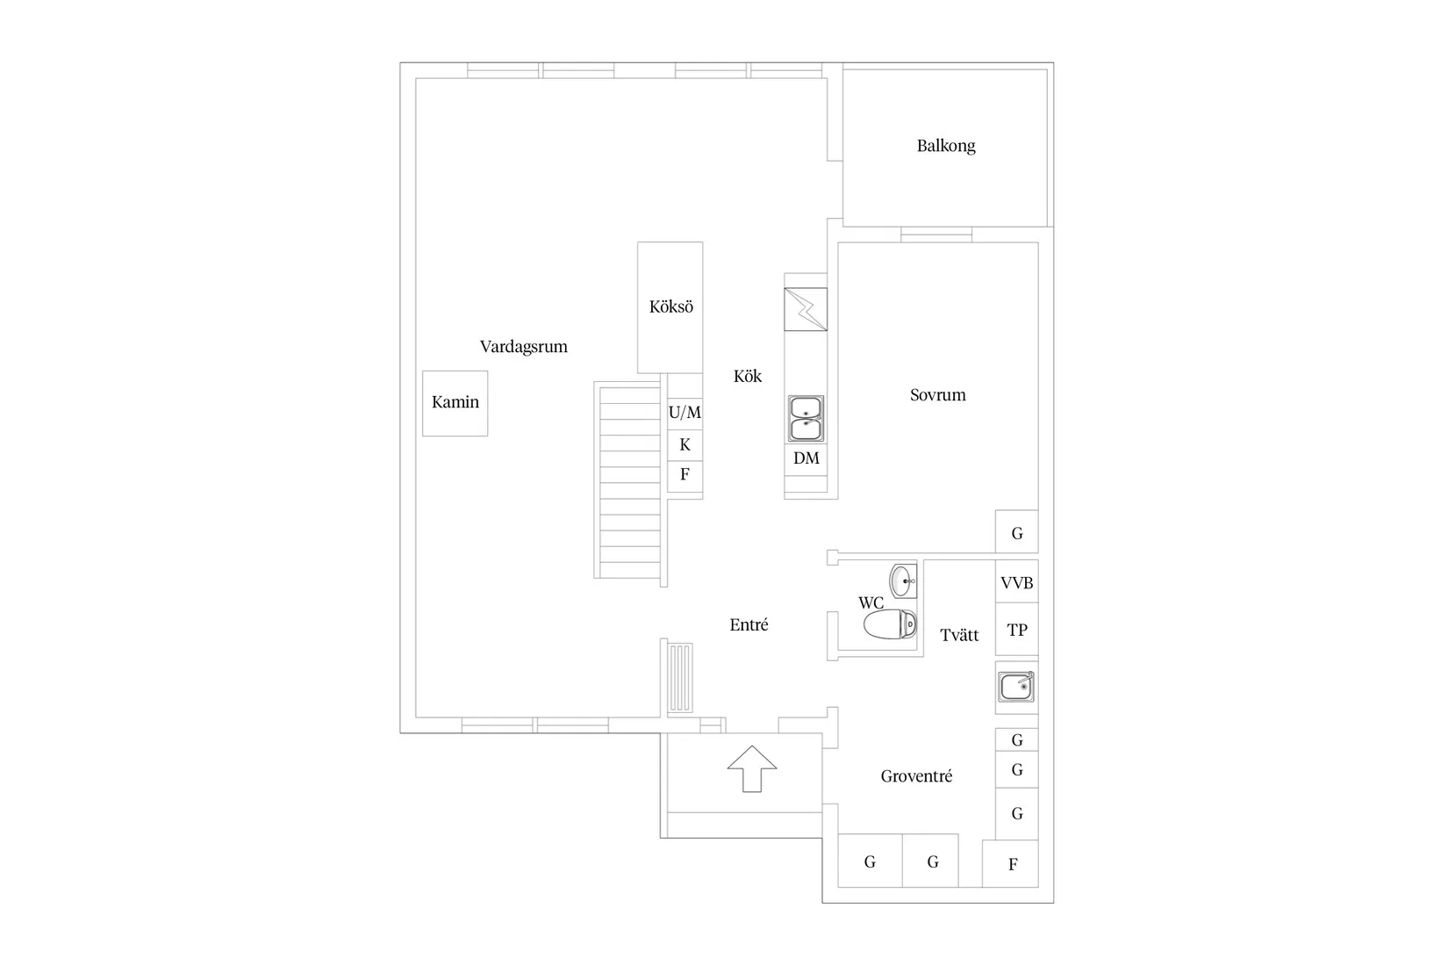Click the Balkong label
945,146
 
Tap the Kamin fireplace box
455,403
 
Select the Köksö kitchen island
670,307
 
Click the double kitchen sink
806,419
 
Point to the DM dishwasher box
806,458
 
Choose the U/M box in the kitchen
685,412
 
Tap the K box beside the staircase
685,445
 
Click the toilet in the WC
890,624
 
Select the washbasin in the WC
903,580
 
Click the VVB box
1016,582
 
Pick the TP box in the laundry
1016,630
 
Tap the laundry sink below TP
1016,687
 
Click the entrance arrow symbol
752,768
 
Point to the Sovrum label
937,395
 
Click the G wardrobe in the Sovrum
1016,533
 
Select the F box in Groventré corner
1011,864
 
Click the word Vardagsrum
523,347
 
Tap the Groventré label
916,776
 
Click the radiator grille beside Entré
680,677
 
